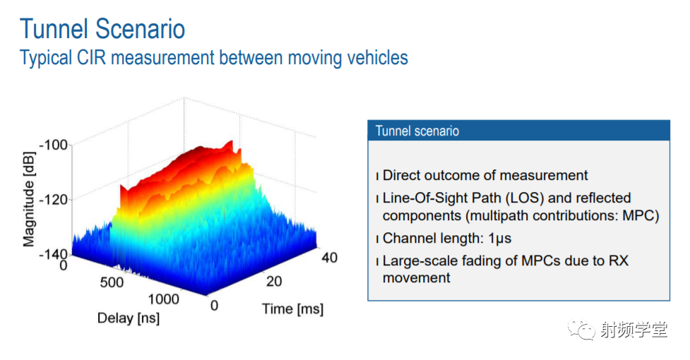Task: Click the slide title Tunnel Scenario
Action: point(102,29)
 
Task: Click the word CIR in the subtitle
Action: point(91,58)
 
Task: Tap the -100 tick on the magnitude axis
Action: point(53,145)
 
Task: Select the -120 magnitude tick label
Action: point(53,200)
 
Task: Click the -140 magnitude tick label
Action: point(53,254)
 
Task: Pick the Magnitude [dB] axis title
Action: point(29,200)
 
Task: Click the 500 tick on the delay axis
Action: point(112,282)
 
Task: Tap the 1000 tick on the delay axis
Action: point(163,299)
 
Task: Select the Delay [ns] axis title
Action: point(129,318)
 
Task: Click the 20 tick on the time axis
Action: point(274,282)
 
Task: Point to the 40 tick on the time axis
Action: point(330,258)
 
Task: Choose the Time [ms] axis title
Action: point(292,308)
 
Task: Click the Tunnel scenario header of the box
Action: point(417,131)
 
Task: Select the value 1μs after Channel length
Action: point(500,239)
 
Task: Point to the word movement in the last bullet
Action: point(416,278)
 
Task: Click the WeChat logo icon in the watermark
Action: point(581,329)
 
